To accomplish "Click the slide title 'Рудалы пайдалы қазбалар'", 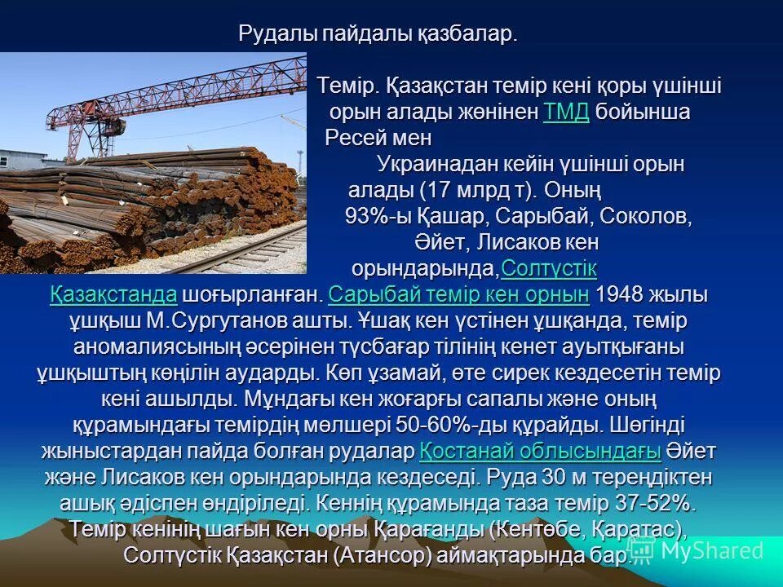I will click(378, 34).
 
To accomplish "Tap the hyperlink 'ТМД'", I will click(565, 112).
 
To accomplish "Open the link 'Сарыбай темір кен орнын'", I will click(459, 294).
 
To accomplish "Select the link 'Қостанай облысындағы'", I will click(540, 451).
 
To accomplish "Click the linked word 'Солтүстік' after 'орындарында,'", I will click(549, 268).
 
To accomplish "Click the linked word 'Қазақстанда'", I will click(113, 294).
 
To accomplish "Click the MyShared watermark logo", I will click(697, 550).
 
